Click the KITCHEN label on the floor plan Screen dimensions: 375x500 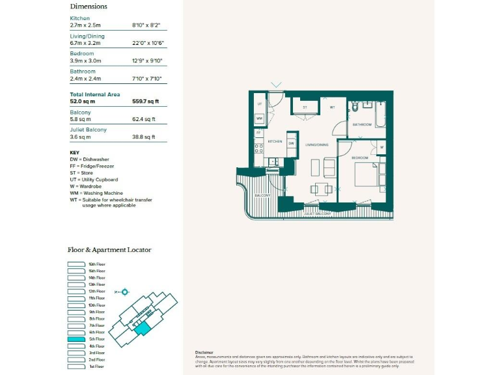pyautogui.click(x=274, y=141)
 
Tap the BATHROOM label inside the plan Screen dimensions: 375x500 pyautogui.click(x=362, y=124)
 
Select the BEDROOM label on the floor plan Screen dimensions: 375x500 pyautogui.click(x=360, y=158)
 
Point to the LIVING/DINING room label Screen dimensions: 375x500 pyautogui.click(x=316, y=145)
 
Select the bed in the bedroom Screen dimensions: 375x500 pyautogui.click(x=370, y=177)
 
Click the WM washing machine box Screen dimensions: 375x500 pyautogui.click(x=259, y=118)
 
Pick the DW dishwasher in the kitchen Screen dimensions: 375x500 pyautogui.click(x=292, y=143)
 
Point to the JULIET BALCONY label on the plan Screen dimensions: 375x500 pyautogui.click(x=318, y=214)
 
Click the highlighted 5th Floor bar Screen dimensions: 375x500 pyautogui.click(x=77, y=339)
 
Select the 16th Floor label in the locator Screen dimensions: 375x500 pyautogui.click(x=96, y=264)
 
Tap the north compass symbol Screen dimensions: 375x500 pyautogui.click(x=124, y=292)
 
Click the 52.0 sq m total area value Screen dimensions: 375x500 pyautogui.click(x=83, y=102)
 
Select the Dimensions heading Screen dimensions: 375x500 pyautogui.click(x=88, y=7)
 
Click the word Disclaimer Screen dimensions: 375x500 pyautogui.click(x=204, y=352)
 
